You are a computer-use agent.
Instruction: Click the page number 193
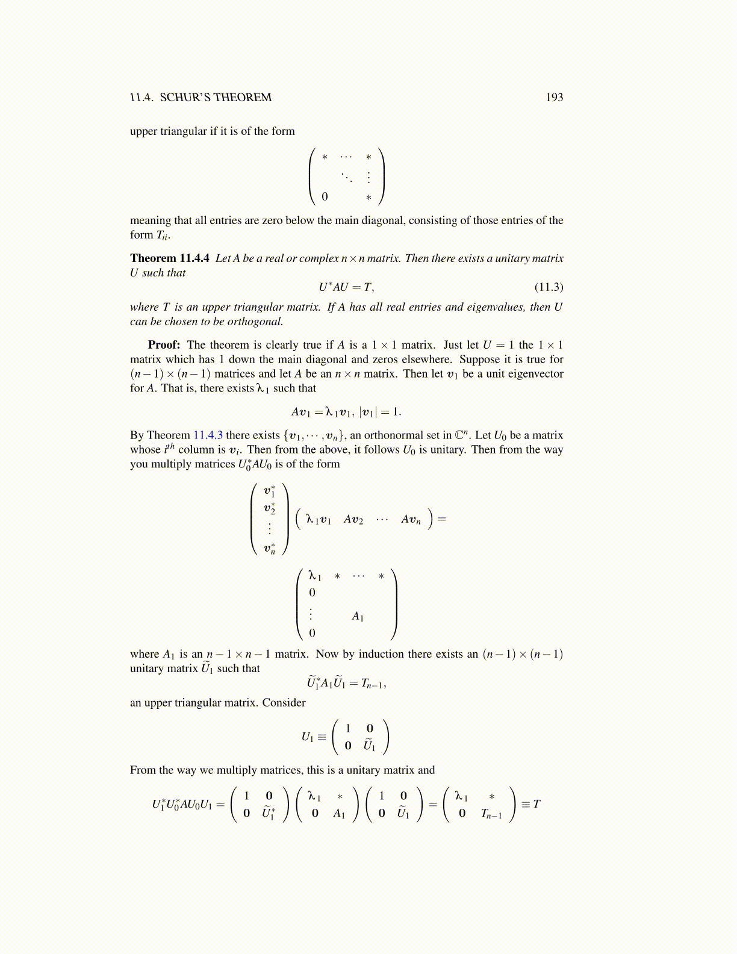tap(554, 98)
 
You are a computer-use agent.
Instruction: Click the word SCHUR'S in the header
tap(185, 98)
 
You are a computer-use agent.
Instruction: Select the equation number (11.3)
tap(549, 287)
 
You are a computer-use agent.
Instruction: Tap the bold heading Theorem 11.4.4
tap(170, 258)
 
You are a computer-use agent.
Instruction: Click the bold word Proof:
tap(164, 345)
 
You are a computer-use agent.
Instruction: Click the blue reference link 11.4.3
tap(208, 435)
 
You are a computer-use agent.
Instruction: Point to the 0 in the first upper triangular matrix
tap(325, 197)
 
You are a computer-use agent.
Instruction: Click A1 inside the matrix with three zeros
tap(358, 617)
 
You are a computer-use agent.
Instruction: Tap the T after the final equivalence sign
tap(536, 804)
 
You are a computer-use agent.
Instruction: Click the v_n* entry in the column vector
tap(269, 549)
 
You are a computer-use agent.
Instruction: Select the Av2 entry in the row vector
tap(353, 519)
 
